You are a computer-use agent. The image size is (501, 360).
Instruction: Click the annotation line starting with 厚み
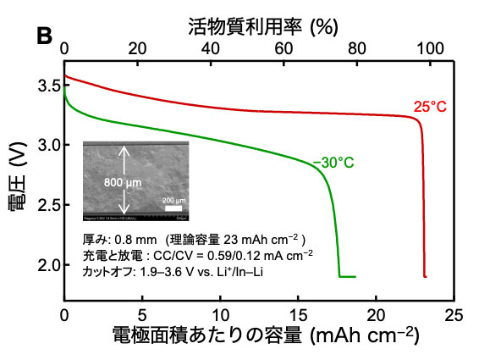pos(190,240)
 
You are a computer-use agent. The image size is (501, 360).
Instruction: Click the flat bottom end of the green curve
pos(348,276)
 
